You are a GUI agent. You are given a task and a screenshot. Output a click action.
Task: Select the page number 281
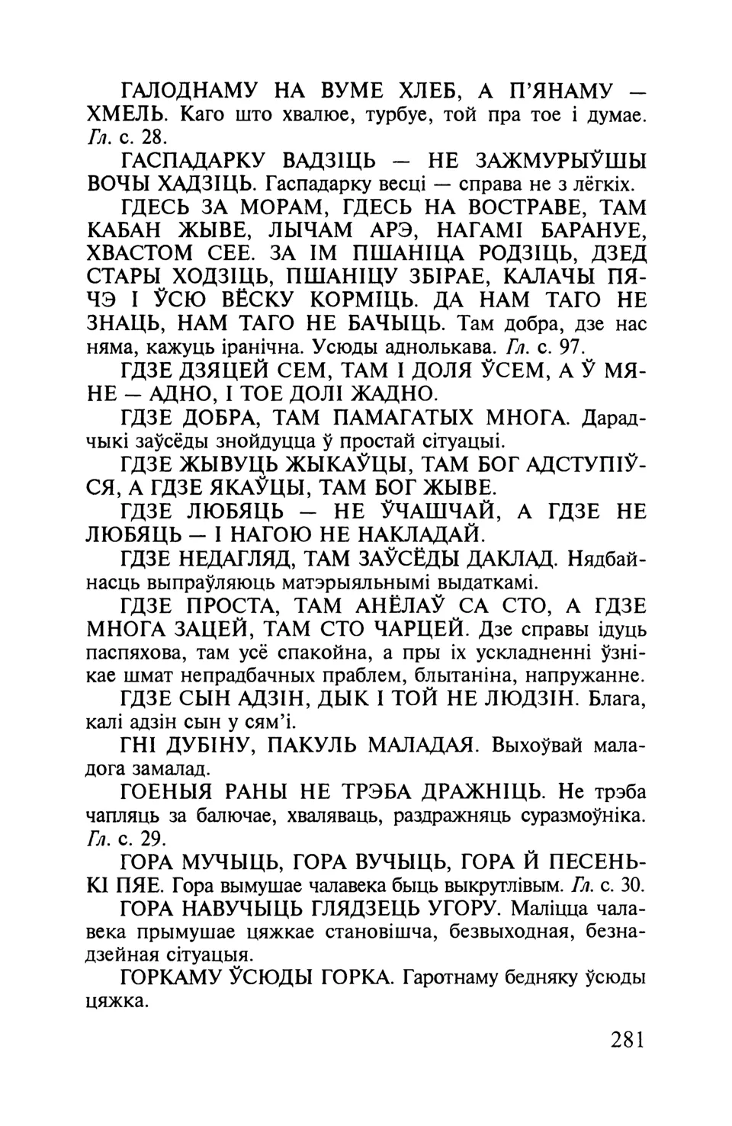pyautogui.click(x=628, y=1040)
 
